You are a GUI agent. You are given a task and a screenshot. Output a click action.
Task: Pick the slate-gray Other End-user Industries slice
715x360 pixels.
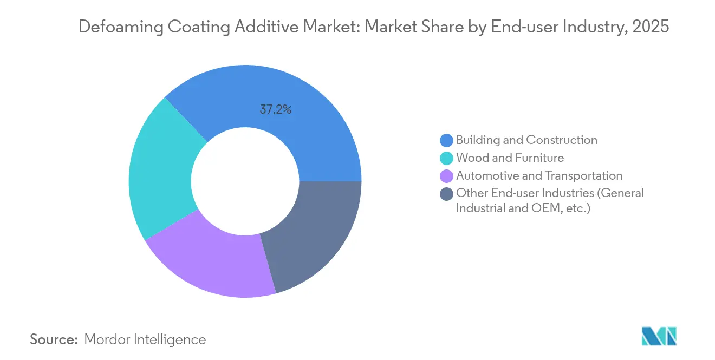click(x=314, y=233)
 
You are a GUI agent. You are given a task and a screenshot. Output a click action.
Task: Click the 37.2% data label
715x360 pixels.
click(x=276, y=110)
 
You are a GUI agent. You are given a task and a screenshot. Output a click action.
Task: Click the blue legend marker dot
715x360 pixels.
click(x=446, y=140)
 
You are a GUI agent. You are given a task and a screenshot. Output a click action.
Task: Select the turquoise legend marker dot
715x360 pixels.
click(x=446, y=158)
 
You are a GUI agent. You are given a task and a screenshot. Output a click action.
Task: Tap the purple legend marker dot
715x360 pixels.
click(x=446, y=176)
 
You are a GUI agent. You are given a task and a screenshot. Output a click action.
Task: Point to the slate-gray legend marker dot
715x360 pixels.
click(x=446, y=194)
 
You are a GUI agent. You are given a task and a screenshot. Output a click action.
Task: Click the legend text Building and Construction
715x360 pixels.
click(x=526, y=140)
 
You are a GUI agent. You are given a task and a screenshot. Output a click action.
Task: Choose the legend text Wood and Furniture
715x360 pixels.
click(x=510, y=158)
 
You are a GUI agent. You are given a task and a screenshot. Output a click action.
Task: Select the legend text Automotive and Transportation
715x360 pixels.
click(x=539, y=176)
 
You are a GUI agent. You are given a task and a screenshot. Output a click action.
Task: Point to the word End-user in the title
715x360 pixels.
click(x=516, y=27)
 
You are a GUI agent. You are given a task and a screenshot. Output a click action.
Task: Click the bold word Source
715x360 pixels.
click(x=54, y=339)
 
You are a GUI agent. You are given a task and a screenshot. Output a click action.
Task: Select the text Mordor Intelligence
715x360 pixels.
click(x=145, y=339)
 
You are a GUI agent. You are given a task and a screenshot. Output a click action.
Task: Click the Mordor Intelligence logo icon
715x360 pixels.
click(x=659, y=336)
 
